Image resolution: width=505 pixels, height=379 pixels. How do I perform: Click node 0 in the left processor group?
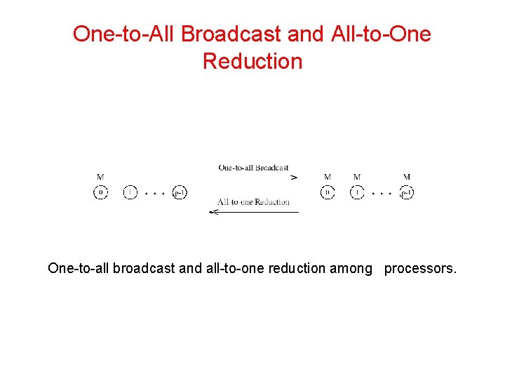pyautogui.click(x=100, y=192)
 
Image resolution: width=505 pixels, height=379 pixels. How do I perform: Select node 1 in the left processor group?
pyautogui.click(x=130, y=192)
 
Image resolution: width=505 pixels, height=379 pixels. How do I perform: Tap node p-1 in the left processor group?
pyautogui.click(x=180, y=192)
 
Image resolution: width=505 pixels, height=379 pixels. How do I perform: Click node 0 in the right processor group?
pyautogui.click(x=328, y=192)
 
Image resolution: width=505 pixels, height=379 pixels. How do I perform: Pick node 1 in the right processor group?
pyautogui.click(x=357, y=192)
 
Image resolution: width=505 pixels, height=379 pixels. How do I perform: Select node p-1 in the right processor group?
pyautogui.click(x=406, y=192)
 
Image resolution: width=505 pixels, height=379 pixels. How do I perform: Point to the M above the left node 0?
pyautogui.click(x=100, y=177)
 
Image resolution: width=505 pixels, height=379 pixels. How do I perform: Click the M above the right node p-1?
pyautogui.click(x=407, y=177)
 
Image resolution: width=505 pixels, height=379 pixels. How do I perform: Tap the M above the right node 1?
pyautogui.click(x=357, y=177)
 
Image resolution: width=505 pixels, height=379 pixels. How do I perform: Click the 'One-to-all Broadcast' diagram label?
pyautogui.click(x=253, y=168)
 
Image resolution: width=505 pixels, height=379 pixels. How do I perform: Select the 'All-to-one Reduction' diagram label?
pyautogui.click(x=253, y=202)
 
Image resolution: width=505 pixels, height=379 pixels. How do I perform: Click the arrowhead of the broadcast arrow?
pyautogui.click(x=294, y=178)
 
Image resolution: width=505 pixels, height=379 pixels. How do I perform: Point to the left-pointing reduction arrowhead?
pyautogui.click(x=213, y=212)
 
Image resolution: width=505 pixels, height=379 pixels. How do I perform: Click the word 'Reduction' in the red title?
pyautogui.click(x=252, y=61)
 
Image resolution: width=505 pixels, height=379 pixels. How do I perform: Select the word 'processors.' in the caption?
pyautogui.click(x=420, y=268)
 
